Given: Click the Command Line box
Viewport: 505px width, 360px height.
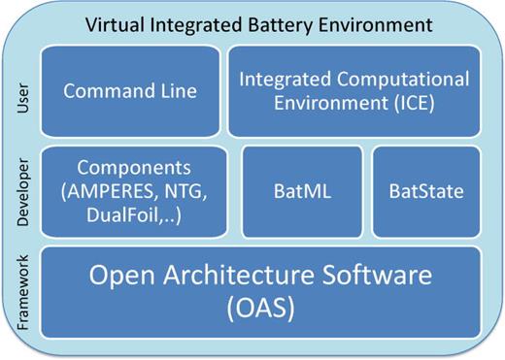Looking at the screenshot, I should tap(129, 91).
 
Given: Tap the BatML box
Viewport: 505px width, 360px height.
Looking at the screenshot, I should tap(301, 191).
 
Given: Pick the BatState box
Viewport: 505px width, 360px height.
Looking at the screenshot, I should tap(425, 191).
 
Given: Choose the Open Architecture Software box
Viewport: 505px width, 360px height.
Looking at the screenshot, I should tap(259, 291).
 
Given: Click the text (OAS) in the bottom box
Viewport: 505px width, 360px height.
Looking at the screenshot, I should tap(259, 310).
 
